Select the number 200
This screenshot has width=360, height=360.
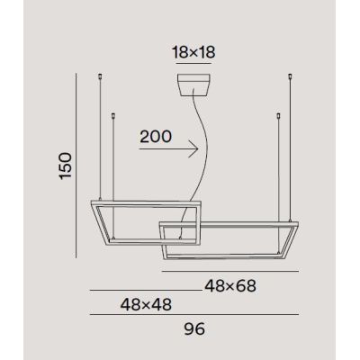155,138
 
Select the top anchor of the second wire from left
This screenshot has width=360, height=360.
112,115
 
